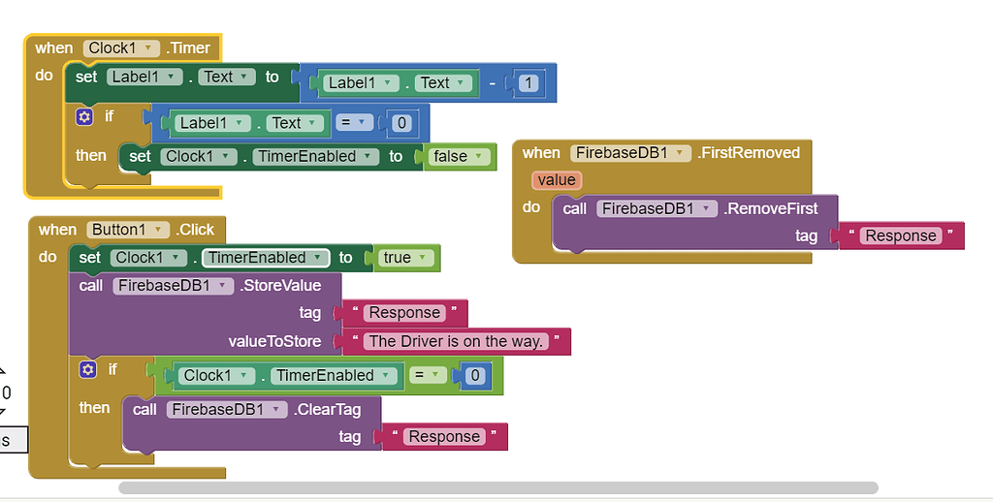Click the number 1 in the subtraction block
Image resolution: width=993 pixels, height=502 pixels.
coord(529,83)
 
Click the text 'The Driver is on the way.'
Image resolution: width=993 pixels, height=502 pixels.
coord(455,341)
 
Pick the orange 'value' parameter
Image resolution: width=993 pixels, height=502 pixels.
coord(557,180)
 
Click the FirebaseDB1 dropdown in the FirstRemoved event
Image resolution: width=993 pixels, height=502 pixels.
coord(631,152)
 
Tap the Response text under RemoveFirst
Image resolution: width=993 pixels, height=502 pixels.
coord(901,235)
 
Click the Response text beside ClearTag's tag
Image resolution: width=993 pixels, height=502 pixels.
coord(444,437)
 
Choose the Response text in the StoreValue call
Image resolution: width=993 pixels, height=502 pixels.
coord(404,313)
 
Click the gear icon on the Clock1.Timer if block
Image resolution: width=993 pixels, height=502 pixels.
coord(84,116)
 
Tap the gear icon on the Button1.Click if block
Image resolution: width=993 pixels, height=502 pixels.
coord(88,369)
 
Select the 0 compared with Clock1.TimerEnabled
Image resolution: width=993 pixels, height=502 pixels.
coord(474,376)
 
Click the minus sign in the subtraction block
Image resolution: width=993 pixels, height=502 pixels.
coord(493,83)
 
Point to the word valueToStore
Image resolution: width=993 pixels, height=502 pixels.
coord(274,341)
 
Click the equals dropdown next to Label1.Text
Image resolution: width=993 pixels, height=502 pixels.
coord(354,123)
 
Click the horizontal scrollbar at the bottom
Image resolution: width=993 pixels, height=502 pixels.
coord(497,488)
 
